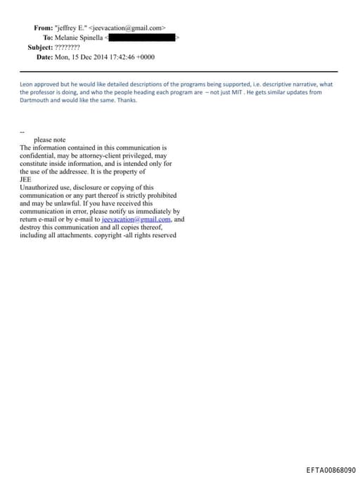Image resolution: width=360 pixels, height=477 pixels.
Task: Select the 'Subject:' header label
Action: tap(39, 46)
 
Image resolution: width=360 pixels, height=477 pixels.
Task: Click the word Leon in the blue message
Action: tap(27, 84)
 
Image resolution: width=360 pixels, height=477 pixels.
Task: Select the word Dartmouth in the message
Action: tap(35, 100)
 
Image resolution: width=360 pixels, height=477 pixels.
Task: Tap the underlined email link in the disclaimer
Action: tap(131, 219)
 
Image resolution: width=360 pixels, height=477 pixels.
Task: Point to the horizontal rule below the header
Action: tap(179, 72)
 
